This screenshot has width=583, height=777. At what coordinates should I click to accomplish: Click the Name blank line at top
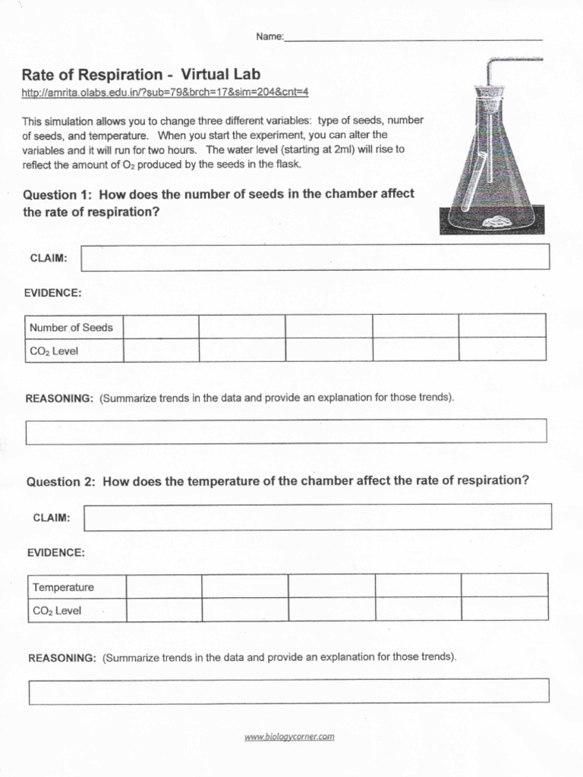(x=413, y=38)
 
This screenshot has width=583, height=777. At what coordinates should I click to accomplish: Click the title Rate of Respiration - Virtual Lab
(x=140, y=74)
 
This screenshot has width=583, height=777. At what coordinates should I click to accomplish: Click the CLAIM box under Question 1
(x=314, y=257)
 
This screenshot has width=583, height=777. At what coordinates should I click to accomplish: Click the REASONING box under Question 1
(x=286, y=431)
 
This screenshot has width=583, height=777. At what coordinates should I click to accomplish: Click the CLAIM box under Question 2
(x=317, y=517)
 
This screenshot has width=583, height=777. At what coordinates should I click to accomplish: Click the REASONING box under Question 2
(x=288, y=690)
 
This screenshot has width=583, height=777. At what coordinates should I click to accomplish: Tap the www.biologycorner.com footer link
(x=289, y=736)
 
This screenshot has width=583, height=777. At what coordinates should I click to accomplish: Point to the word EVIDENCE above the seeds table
(x=53, y=293)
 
